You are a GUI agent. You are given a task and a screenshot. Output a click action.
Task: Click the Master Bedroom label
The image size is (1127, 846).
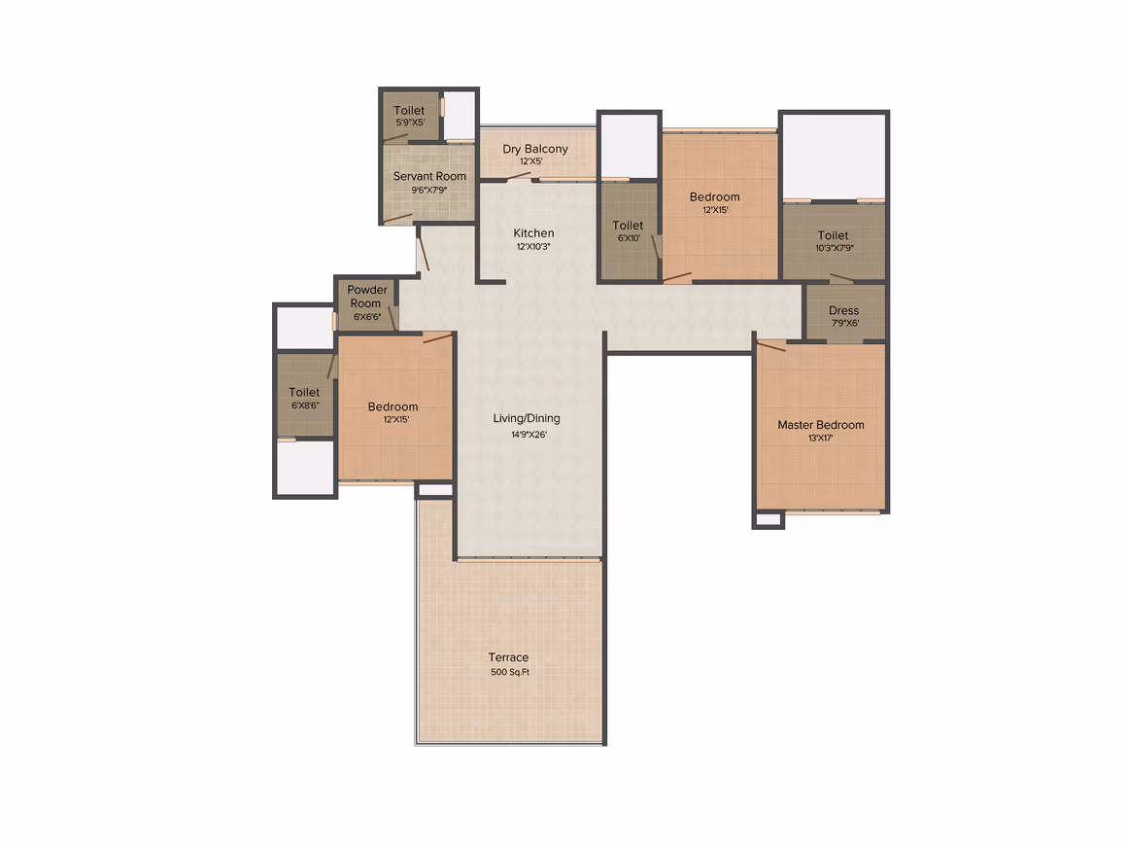(821, 424)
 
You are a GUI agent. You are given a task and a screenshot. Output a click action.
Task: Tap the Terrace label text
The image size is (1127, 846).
(508, 656)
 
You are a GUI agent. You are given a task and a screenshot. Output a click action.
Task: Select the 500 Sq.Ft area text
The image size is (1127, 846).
(510, 672)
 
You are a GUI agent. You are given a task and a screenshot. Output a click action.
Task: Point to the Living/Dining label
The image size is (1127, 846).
(527, 419)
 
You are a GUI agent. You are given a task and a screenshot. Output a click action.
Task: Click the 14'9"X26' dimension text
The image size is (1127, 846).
(529, 435)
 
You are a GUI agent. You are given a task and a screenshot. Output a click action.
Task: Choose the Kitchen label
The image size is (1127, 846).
(533, 233)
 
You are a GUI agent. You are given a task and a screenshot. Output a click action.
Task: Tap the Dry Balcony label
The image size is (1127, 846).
(535, 149)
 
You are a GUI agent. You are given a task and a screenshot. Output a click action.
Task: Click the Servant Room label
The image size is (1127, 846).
(429, 176)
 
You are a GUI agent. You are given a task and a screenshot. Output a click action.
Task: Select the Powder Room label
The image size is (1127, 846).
(366, 297)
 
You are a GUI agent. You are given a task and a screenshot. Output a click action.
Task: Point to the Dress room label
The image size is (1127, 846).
(844, 310)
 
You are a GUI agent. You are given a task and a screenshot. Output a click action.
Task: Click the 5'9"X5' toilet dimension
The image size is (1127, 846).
(410, 123)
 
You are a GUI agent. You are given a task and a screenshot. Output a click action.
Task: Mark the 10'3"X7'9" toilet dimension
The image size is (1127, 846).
(835, 248)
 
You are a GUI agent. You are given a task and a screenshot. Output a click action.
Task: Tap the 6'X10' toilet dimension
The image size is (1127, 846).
(629, 238)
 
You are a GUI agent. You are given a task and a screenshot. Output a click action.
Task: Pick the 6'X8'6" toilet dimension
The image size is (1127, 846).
(305, 405)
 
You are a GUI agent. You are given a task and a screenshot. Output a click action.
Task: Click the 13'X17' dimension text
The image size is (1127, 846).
(821, 439)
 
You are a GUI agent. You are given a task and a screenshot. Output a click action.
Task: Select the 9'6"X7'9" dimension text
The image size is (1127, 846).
(429, 190)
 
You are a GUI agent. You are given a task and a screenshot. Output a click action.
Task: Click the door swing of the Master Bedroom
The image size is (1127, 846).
(771, 346)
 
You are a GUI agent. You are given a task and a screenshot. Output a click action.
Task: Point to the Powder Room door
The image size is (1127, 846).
(393, 318)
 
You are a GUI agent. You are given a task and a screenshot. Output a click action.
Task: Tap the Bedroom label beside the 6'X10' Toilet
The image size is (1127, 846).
(714, 197)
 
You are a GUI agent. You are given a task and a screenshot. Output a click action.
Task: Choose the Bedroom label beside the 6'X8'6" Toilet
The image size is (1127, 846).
(393, 406)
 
